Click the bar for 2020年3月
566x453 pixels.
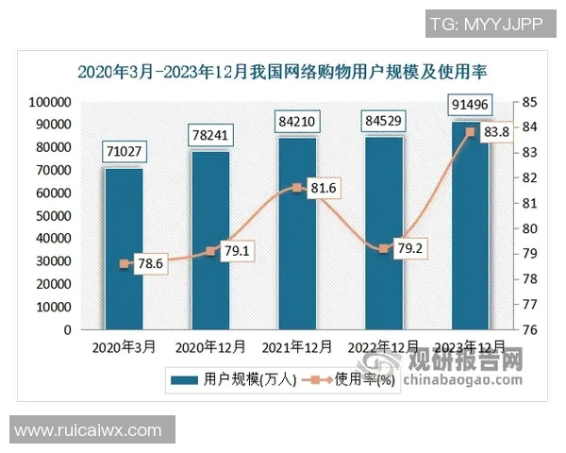pyautogui.click(x=124, y=249)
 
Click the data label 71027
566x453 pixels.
pyautogui.click(x=124, y=151)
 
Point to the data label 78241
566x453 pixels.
pyautogui.click(x=210, y=135)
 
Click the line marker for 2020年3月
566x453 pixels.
pyautogui.click(x=124, y=264)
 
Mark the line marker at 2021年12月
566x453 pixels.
pyautogui.click(x=297, y=188)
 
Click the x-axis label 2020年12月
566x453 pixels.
pyautogui.click(x=210, y=347)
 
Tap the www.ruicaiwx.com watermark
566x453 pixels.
pyautogui.click(x=89, y=430)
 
